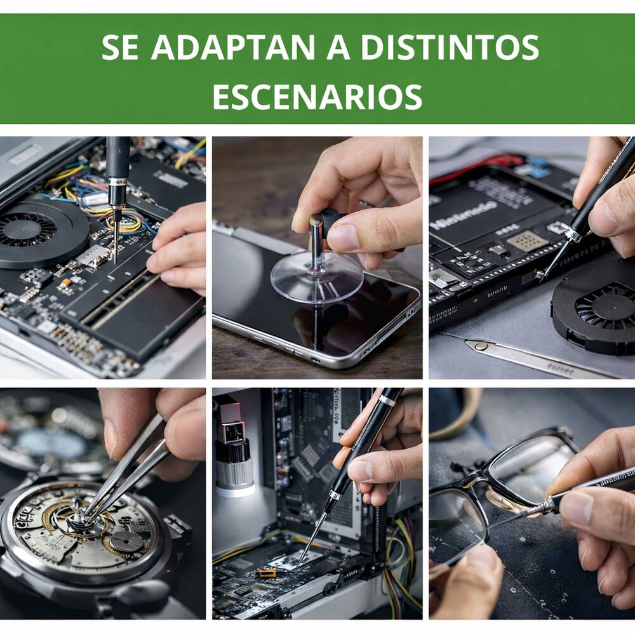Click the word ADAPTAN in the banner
coord(233,48)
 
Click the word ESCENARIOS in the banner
coord(317,97)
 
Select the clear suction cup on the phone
coord(317,277)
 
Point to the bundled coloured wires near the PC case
coord(400,559)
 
